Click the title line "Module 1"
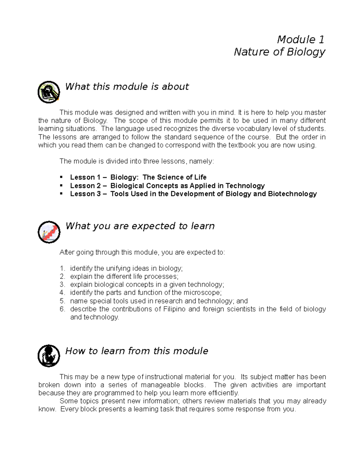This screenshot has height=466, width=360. [301, 39]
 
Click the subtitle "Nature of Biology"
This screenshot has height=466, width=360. [279, 52]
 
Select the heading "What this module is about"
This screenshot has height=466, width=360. [127, 87]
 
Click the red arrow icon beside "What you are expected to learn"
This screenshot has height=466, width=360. [49, 232]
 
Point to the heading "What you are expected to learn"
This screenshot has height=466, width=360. [140, 226]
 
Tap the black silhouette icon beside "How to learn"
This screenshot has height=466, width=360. [49, 356]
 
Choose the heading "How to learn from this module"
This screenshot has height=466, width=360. [136, 351]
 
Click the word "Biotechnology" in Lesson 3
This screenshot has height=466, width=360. [292, 194]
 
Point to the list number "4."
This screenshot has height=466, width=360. [62, 293]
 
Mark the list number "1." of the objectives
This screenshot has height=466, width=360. [62, 268]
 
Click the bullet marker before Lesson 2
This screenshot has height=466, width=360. [61, 185]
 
